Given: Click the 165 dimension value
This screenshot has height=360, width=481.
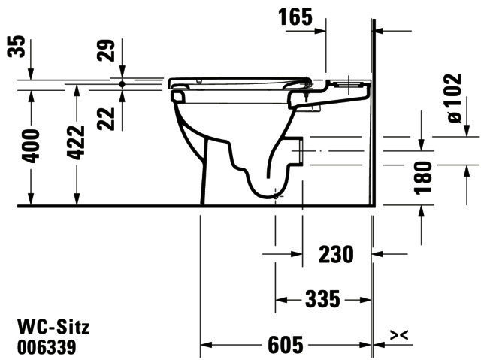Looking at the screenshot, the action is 295,17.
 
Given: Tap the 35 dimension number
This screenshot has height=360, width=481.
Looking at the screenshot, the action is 16,47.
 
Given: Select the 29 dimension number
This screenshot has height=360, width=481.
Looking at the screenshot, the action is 106,50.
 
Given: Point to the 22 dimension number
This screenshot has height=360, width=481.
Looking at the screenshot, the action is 106,119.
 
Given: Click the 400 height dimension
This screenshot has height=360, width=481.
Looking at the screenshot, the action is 31,146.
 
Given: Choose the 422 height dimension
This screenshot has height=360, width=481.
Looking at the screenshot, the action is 76,143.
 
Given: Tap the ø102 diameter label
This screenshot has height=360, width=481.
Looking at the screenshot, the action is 454,98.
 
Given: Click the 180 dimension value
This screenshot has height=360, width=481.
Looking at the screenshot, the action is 423,178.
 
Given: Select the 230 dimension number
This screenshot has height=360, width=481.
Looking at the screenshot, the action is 336,254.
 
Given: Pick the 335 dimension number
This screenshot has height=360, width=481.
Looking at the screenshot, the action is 322,299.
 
